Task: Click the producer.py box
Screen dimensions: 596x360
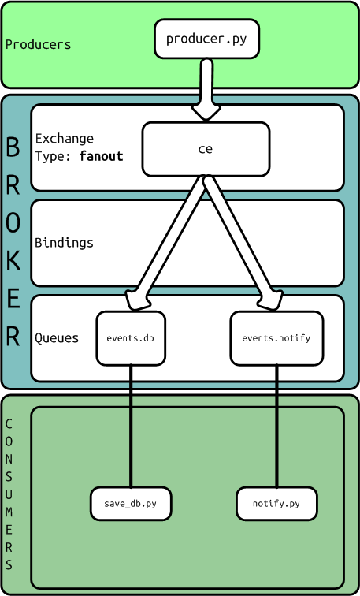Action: [206, 39]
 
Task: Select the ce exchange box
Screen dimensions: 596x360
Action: [206, 149]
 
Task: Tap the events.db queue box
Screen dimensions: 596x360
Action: [131, 338]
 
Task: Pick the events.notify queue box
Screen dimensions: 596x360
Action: [276, 338]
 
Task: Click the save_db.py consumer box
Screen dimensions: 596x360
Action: [131, 504]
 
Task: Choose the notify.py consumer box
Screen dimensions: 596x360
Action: [276, 504]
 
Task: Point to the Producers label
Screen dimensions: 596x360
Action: [38, 45]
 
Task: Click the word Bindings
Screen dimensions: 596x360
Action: [64, 243]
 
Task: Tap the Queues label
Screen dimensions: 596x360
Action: [57, 338]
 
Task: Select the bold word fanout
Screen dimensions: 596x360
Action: [101, 156]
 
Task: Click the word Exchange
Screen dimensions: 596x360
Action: [64, 139]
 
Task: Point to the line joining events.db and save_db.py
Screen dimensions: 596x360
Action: [131, 426]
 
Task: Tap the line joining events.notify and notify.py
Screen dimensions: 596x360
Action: [276, 426]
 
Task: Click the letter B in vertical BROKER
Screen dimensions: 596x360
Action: [13, 147]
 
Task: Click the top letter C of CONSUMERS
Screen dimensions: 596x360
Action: [9, 424]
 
